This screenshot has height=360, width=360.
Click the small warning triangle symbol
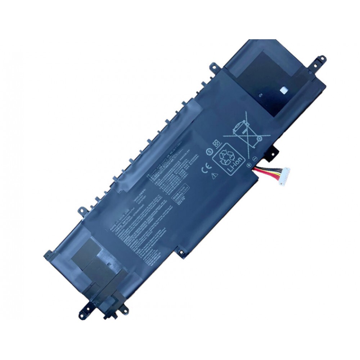coord(215,176)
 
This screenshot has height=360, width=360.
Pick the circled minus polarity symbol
coord(253,159)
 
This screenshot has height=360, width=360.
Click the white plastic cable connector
coord(284,178)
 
